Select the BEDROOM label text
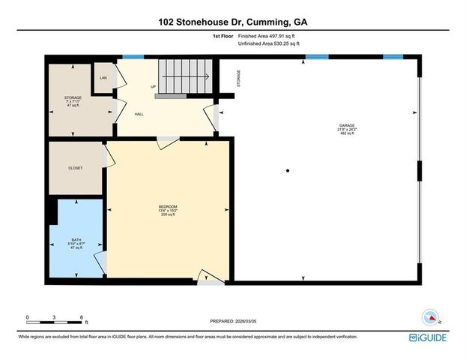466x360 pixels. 167,206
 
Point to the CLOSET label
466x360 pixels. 75,168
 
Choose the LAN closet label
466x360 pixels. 103,77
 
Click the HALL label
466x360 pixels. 139,114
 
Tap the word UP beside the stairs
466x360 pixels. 154,86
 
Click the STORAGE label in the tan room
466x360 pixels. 72,97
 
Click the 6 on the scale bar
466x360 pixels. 82,317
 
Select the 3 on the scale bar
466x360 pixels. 55,317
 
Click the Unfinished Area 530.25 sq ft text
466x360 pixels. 267,44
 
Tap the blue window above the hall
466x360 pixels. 133,56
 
